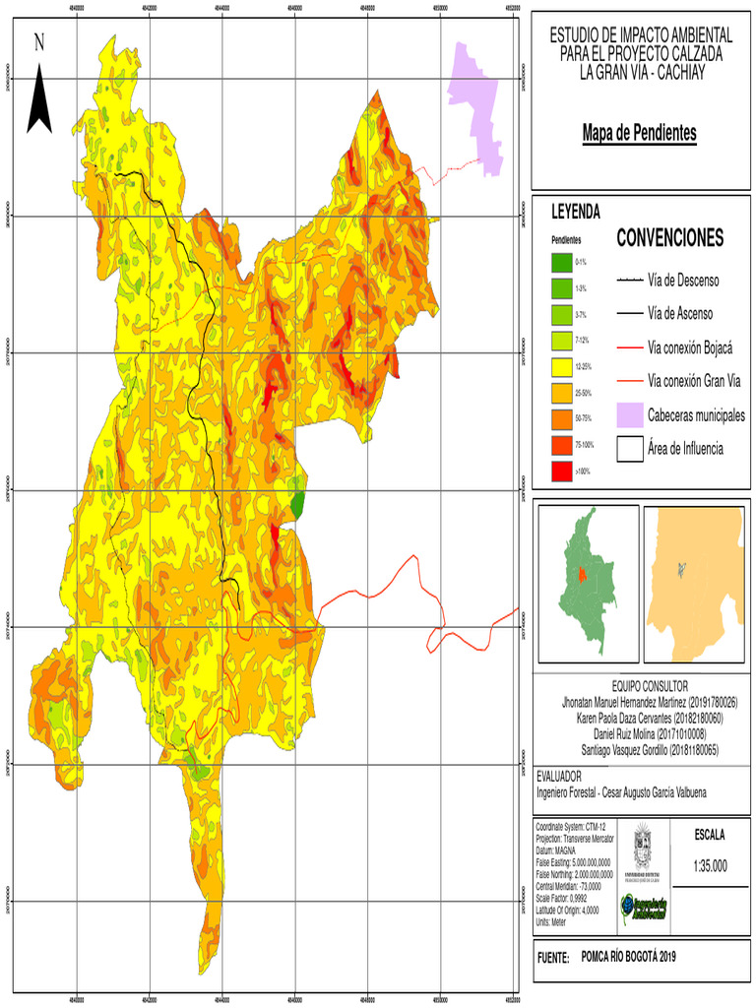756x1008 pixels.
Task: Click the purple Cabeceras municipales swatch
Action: (x=630, y=415)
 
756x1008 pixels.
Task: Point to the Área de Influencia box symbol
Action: (x=630, y=449)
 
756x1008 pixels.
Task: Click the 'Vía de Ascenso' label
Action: (x=680, y=314)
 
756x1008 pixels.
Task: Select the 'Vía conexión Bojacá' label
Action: (x=690, y=347)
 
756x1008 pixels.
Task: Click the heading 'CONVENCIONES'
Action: (x=669, y=238)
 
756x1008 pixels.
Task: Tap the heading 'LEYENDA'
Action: (x=576, y=212)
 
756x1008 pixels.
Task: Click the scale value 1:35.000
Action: (x=710, y=866)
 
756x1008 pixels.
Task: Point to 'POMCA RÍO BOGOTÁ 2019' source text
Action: (x=629, y=956)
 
